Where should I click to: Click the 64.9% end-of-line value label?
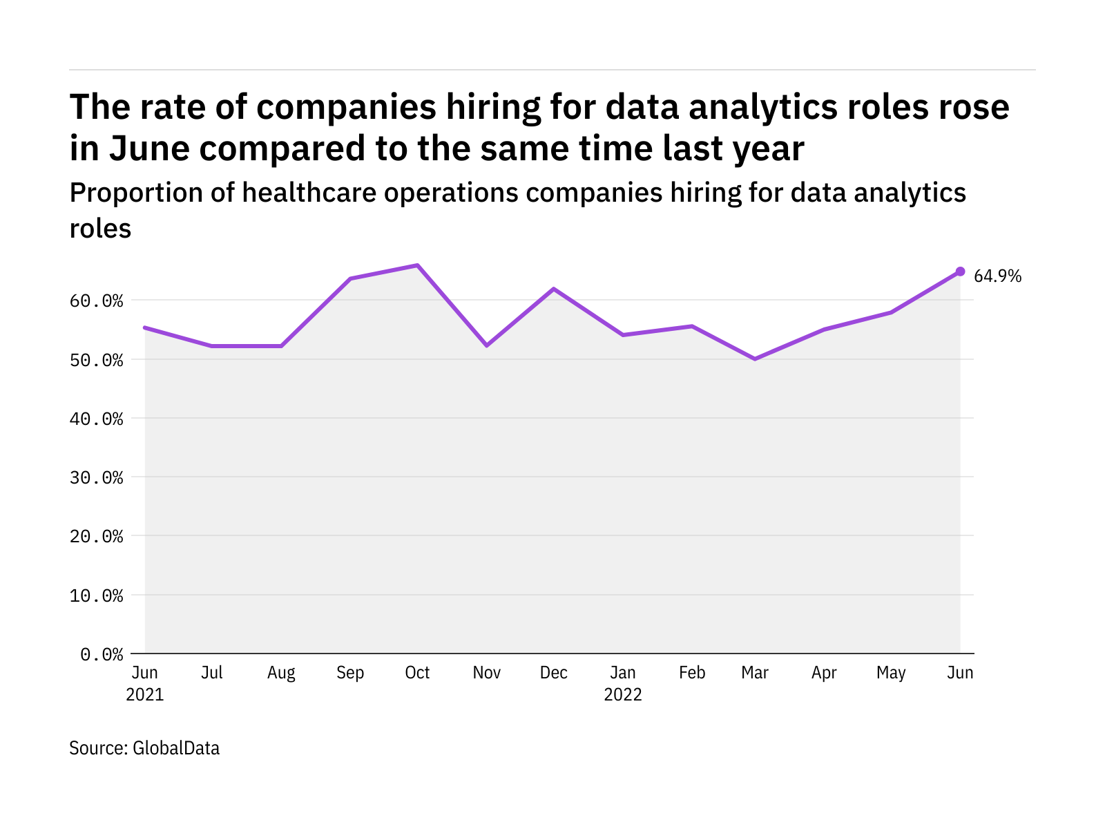tap(997, 276)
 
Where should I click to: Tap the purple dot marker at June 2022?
tap(960, 271)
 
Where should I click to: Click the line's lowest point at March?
tap(755, 359)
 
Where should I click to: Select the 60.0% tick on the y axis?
tap(97, 301)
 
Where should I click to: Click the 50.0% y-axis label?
tap(97, 360)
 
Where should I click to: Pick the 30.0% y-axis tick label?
tap(97, 477)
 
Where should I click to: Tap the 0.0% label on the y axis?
tap(102, 654)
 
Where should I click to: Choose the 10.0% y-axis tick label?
tap(97, 595)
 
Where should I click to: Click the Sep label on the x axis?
tap(350, 673)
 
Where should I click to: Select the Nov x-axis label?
tap(487, 673)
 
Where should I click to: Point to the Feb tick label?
tap(692, 673)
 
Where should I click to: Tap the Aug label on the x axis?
tap(281, 673)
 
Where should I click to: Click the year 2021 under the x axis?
tap(145, 694)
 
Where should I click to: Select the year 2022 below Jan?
tap(623, 694)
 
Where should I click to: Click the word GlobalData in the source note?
tap(176, 748)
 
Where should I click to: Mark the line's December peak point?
tap(554, 289)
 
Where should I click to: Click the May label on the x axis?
tap(891, 673)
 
